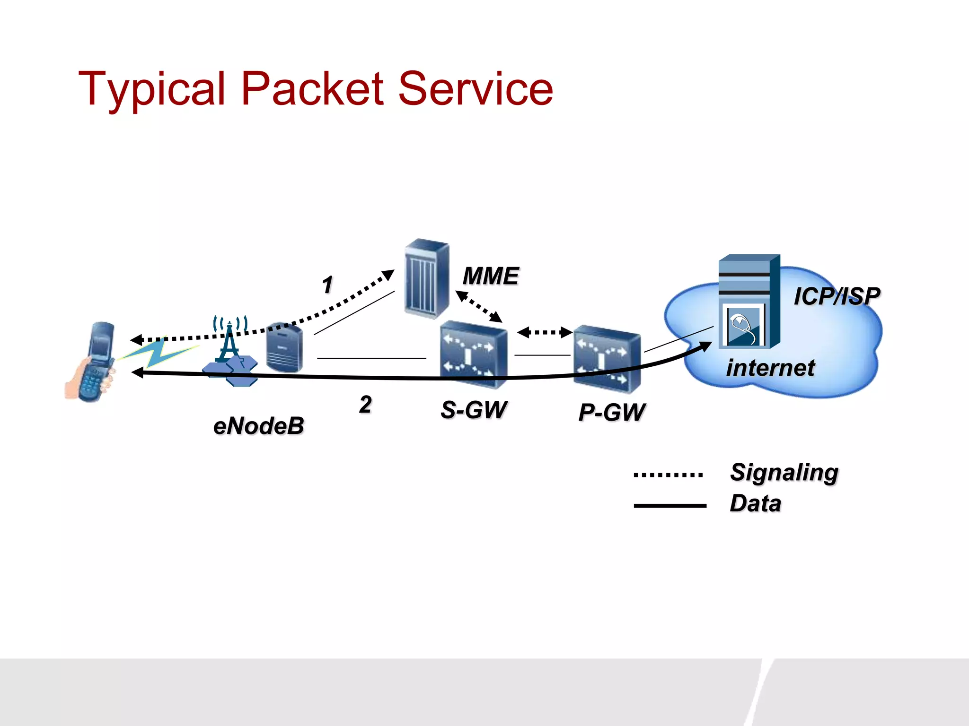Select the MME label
491,276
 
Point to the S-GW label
474,410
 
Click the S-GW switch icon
473,354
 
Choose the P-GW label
612,412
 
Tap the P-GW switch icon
608,359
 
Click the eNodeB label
258,426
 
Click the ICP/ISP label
837,297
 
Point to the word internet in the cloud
770,368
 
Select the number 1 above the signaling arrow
327,285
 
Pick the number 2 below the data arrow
365,405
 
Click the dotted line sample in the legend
669,475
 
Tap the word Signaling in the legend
784,473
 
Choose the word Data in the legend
755,503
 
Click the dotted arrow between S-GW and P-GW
545,332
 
